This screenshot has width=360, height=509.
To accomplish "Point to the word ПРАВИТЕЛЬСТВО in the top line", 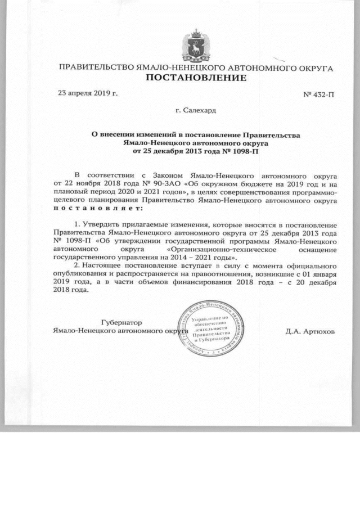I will tap(96, 67).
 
